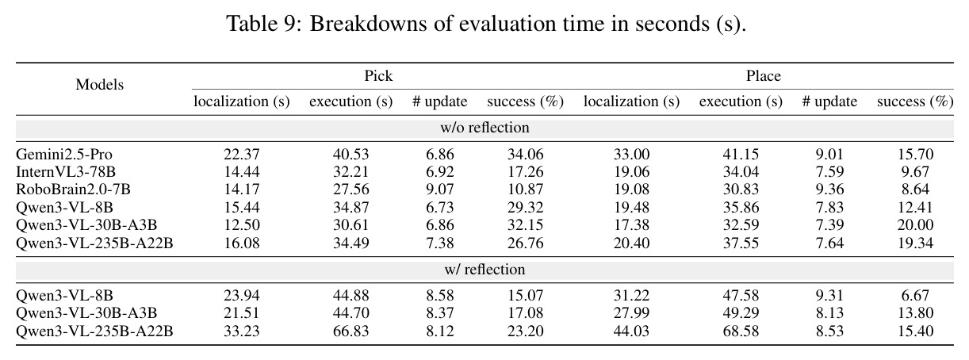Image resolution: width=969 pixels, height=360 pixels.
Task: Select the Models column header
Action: pyautogui.click(x=99, y=84)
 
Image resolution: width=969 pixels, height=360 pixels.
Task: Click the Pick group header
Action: pyautogui.click(x=378, y=75)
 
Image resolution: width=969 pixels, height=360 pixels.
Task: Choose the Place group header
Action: pyautogui.click(x=763, y=75)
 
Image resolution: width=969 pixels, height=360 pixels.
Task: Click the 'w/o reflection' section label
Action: pyautogui.click(x=484, y=127)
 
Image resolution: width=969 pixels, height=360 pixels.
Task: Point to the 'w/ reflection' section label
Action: pyautogui.click(x=484, y=269)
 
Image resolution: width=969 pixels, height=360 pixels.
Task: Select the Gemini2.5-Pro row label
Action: pyautogui.click(x=64, y=155)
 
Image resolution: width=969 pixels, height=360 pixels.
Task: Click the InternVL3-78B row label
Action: pyautogui.click(x=66, y=172)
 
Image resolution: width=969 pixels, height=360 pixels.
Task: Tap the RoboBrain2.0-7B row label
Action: pyautogui.click(x=73, y=189)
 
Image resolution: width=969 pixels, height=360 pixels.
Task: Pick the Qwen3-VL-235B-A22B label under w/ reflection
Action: pyautogui.click(x=94, y=331)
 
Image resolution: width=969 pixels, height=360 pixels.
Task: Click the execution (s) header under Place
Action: pyautogui.click(x=741, y=101)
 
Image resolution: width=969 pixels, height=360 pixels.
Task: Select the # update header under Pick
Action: pyautogui.click(x=440, y=101)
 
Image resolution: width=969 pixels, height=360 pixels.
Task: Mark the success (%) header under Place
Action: pyautogui.click(x=915, y=101)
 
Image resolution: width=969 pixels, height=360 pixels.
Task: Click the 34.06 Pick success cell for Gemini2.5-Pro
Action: pyautogui.click(x=525, y=155)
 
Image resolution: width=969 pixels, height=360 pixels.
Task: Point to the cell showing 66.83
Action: pyautogui.click(x=350, y=331)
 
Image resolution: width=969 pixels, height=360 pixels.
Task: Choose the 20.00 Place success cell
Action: pyautogui.click(x=915, y=225)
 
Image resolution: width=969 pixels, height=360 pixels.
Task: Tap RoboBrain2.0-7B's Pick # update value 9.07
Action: pyautogui.click(x=440, y=189)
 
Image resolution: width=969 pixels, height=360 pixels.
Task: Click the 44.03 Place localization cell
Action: pyautogui.click(x=631, y=331)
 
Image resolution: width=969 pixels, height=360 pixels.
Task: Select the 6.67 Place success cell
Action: pyautogui.click(x=915, y=296)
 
